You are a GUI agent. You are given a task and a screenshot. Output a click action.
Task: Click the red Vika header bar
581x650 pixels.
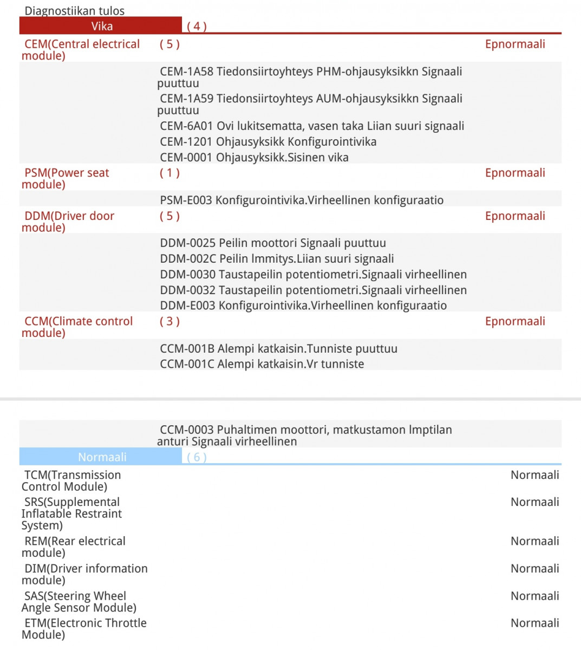coord(101,26)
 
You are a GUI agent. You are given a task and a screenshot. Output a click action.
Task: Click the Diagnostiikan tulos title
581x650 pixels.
coord(75,10)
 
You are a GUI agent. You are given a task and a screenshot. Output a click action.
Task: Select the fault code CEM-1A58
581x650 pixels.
coord(187,71)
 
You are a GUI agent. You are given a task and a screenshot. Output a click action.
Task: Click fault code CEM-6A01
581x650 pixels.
coord(187,126)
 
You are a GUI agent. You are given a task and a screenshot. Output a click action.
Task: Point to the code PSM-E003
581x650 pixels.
coord(186,200)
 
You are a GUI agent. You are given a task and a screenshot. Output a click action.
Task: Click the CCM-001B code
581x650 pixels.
coord(187,349)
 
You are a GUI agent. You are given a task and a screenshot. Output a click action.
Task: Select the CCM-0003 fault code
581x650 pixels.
coord(187,430)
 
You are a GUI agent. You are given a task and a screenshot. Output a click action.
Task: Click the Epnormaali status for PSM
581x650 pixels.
coord(515,173)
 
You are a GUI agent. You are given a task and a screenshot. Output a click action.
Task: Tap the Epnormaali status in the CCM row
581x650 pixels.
coord(515,322)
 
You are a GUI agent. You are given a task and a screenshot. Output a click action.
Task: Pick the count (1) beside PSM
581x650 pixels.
coord(169,173)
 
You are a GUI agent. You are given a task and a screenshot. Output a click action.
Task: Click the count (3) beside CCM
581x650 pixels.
coord(169,322)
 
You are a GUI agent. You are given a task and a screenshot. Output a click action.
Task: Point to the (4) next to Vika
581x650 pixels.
coord(197,26)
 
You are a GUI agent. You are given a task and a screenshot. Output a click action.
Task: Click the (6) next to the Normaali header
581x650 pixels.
coord(197,457)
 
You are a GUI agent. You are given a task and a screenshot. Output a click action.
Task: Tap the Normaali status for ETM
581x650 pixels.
coord(534,623)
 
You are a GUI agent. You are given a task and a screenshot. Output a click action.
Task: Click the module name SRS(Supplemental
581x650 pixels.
coord(71,502)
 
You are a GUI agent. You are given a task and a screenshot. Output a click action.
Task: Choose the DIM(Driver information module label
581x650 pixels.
coord(84,574)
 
